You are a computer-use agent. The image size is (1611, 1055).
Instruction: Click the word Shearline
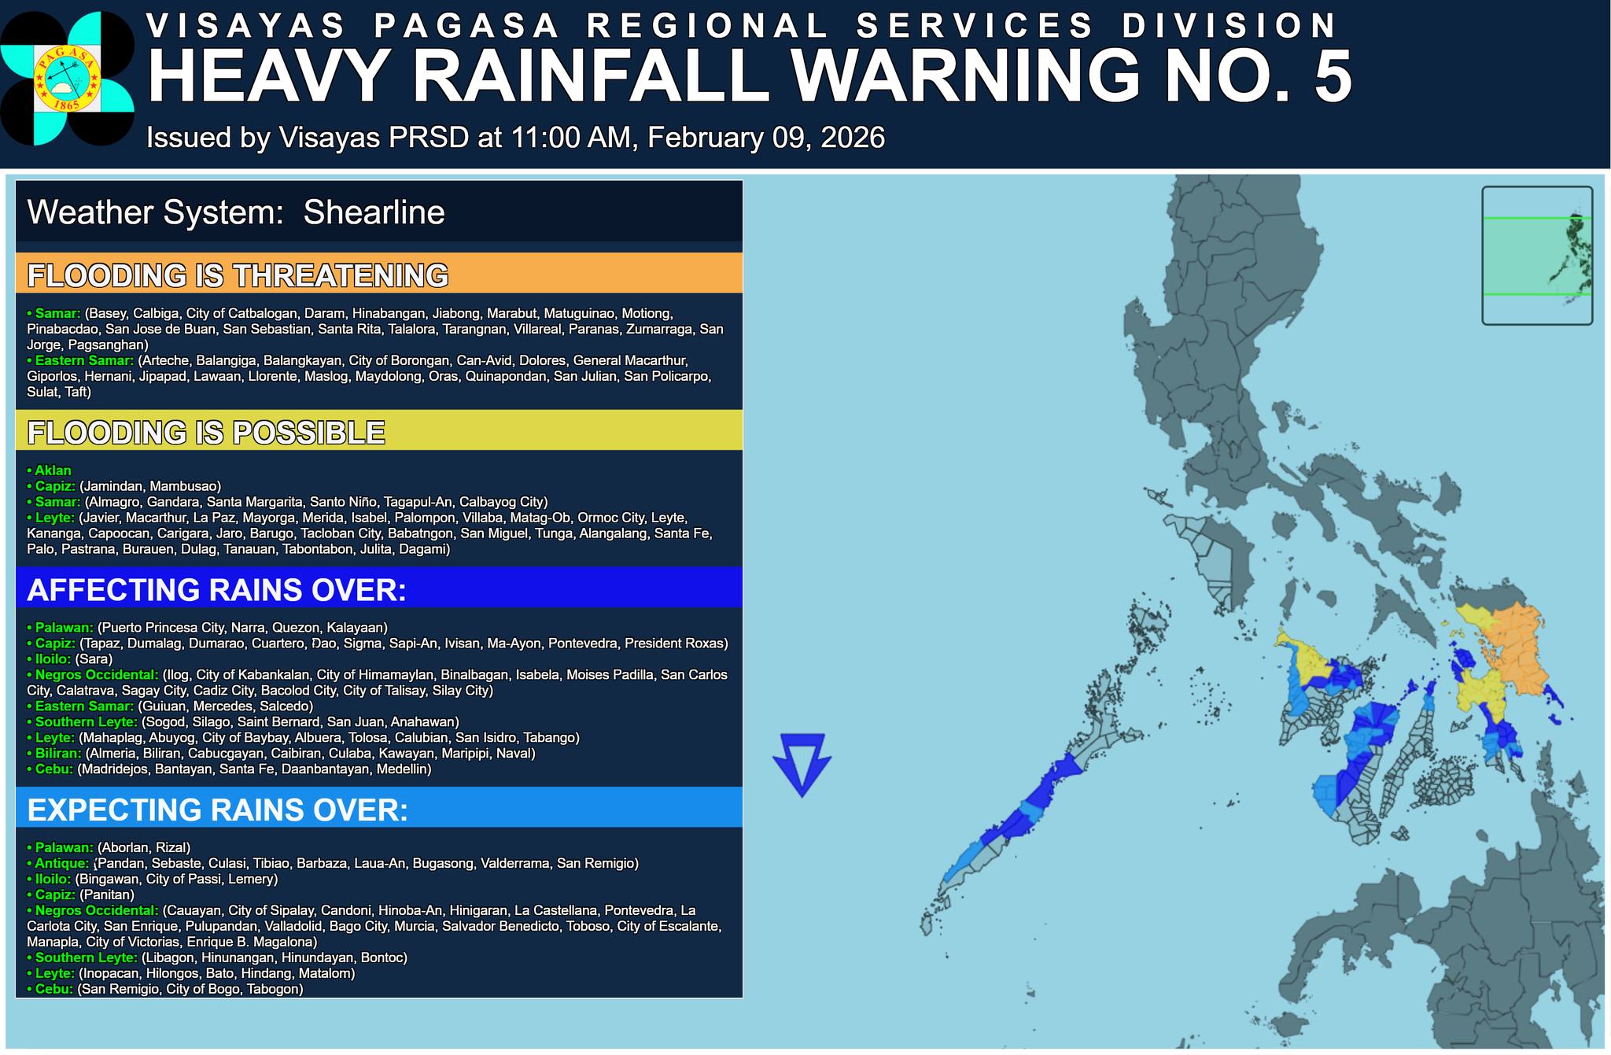[x=374, y=212]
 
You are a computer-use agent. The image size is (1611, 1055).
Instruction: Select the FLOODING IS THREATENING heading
[x=238, y=275]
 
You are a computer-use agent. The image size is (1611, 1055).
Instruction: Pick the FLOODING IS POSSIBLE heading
[x=206, y=433]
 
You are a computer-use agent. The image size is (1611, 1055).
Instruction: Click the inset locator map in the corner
[x=1536, y=255]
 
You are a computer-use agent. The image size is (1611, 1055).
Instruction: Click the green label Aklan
[x=53, y=470]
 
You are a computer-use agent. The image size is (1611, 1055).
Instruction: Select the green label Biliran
[x=57, y=753]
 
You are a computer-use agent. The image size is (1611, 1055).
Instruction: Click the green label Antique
[x=61, y=863]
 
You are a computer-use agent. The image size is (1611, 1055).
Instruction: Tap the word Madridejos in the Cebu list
[x=113, y=769]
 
